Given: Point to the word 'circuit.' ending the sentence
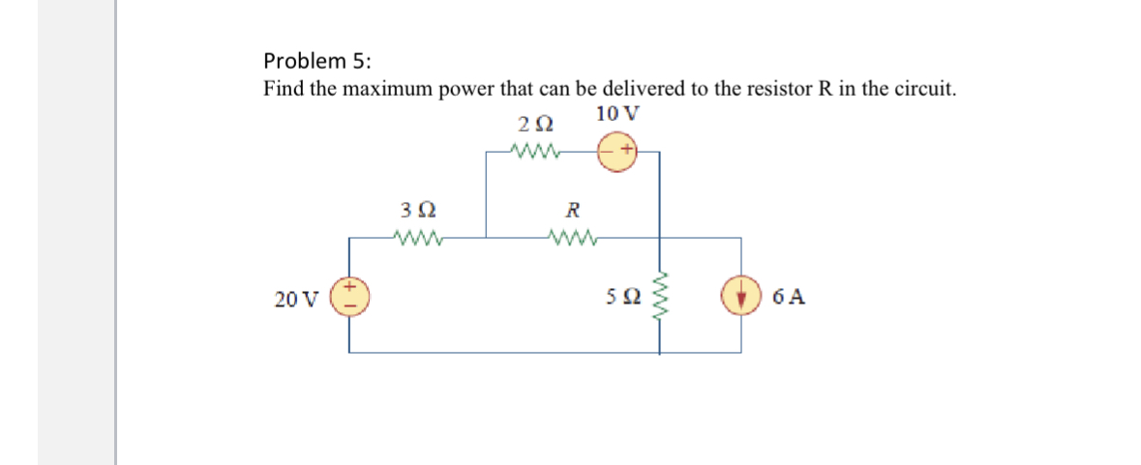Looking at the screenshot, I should pyautogui.click(x=924, y=90).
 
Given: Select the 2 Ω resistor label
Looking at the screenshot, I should pyautogui.click(x=536, y=125).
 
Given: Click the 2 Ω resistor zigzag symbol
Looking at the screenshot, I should pyautogui.click(x=534, y=151).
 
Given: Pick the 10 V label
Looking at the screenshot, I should pyautogui.click(x=617, y=112).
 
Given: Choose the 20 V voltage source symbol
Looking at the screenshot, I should pyautogui.click(x=349, y=297).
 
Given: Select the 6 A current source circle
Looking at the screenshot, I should pyautogui.click(x=742, y=297).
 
